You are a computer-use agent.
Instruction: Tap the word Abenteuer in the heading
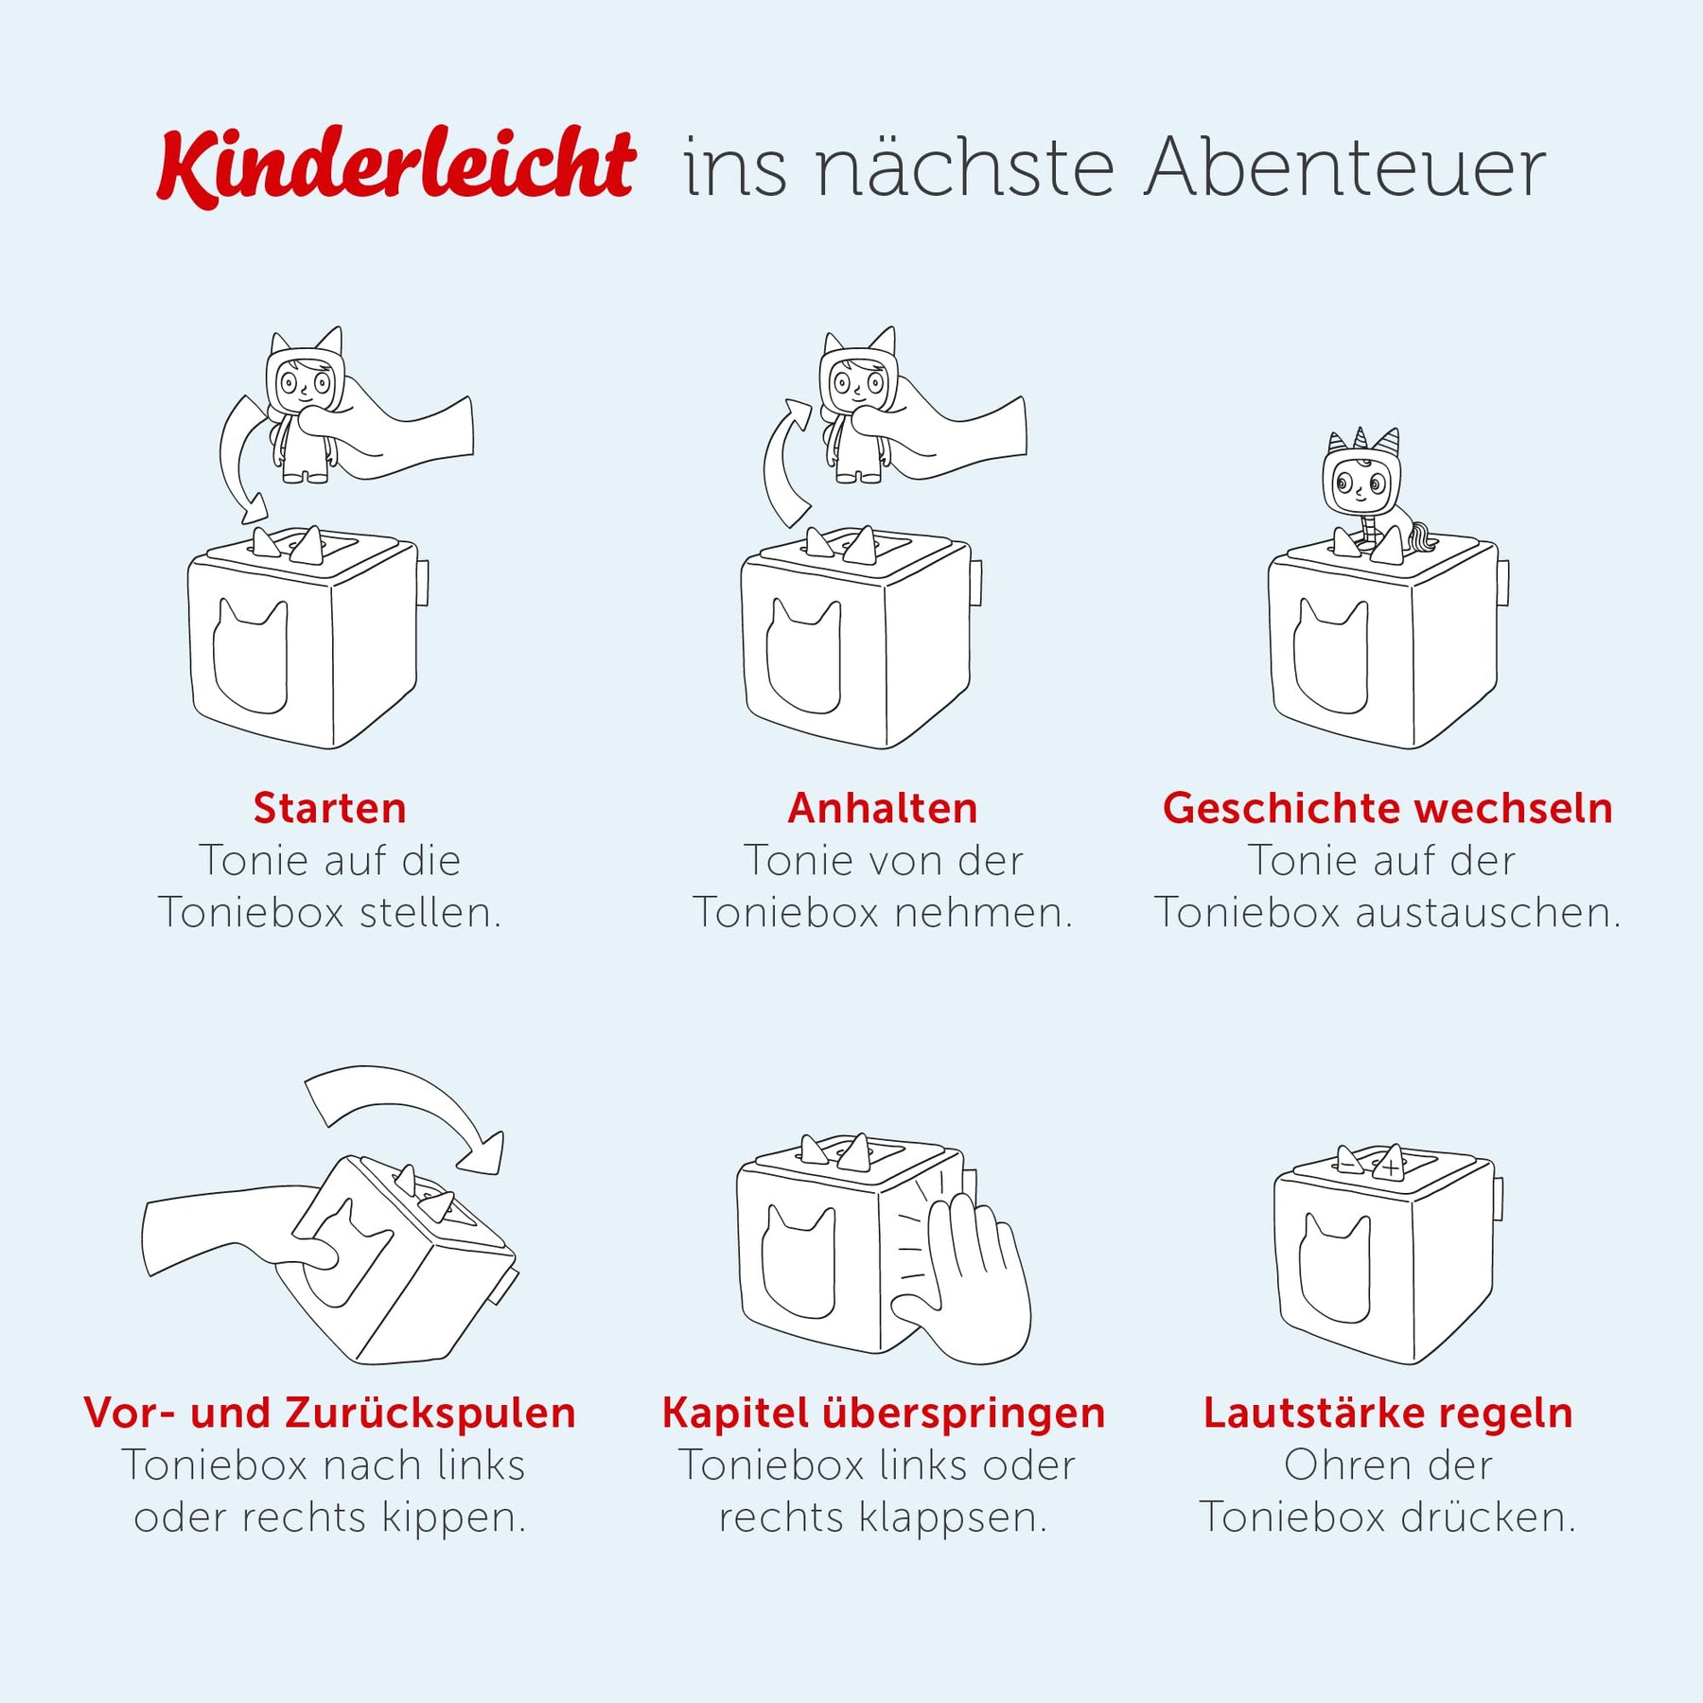point(1345,167)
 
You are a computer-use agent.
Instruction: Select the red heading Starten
point(330,808)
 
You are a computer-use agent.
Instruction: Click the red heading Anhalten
point(883,808)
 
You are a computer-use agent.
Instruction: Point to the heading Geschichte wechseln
point(1388,808)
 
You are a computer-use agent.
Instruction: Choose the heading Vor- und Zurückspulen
point(329,1413)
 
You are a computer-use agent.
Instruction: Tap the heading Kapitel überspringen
point(883,1413)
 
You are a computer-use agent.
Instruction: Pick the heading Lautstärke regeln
point(1388,1413)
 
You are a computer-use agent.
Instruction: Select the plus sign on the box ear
point(1391,1168)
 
